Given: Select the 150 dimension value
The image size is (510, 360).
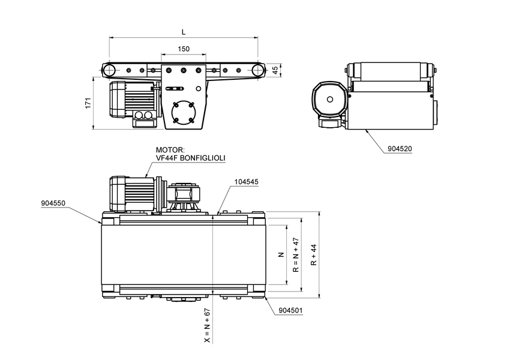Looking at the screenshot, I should click(x=184, y=49).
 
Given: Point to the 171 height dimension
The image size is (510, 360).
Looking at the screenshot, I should click(x=88, y=103).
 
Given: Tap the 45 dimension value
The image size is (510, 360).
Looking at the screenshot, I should click(x=275, y=70).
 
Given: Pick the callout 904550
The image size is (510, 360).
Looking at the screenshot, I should click(x=53, y=203).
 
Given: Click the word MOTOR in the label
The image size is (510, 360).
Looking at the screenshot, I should click(x=169, y=151).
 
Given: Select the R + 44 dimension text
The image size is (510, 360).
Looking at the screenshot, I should click(x=313, y=254).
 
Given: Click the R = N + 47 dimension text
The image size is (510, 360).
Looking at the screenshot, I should click(x=296, y=255).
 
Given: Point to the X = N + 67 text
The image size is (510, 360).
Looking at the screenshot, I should click(x=207, y=325).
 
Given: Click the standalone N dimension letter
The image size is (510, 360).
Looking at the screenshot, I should click(x=280, y=255).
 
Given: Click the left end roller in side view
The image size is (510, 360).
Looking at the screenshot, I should click(x=110, y=70).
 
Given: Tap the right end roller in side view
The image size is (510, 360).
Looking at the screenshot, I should click(x=258, y=70).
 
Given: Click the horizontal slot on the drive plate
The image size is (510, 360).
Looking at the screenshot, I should click(x=176, y=89).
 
